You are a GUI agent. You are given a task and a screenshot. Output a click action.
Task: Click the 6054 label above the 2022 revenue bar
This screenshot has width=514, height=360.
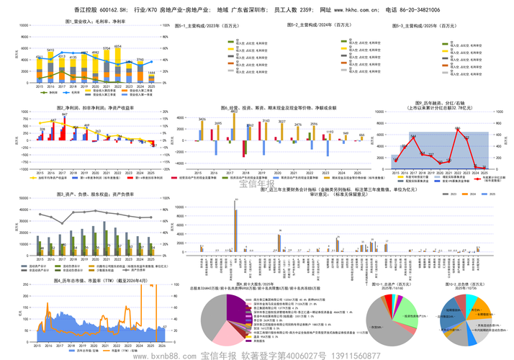117,47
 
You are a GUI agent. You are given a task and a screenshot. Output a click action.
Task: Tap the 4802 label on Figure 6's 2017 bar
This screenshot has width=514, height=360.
234,112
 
